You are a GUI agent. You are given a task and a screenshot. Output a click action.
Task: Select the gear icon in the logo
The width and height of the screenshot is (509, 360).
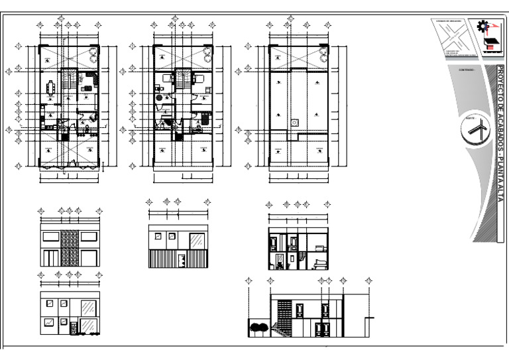coord(483,27)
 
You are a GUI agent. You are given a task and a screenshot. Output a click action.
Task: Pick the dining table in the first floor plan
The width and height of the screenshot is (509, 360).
coord(52,87)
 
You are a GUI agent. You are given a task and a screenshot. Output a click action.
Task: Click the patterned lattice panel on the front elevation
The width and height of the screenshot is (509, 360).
coord(70,248)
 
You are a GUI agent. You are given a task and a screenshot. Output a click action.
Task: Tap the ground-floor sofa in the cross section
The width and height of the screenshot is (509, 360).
coord(319,263)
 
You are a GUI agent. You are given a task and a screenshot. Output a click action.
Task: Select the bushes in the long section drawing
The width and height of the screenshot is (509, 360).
coord(259,326)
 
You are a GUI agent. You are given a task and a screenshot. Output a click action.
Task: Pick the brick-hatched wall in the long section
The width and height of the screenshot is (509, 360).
coord(283,311)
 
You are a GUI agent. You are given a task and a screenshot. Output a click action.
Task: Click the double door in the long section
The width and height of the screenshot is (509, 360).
coord(325,330)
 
